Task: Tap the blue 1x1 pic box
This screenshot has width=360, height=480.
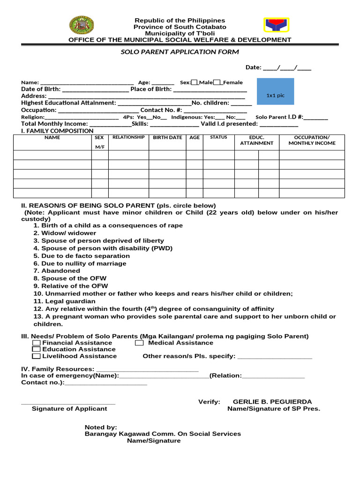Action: pyautogui.click(x=275, y=95)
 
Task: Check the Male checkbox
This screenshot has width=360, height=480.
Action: pyautogui.click(x=195, y=82)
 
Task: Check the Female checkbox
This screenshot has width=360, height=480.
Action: pyautogui.click(x=217, y=82)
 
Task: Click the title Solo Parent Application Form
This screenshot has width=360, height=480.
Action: pyautogui.click(x=180, y=52)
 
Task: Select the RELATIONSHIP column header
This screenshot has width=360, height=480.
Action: pyautogui.click(x=128, y=138)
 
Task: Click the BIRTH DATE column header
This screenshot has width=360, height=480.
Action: pyautogui.click(x=167, y=138)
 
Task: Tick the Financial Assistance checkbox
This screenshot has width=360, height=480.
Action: pyautogui.click(x=36, y=343)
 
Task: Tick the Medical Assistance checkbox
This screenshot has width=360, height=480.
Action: pyautogui.click(x=139, y=343)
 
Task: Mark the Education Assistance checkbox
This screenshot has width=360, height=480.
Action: pyautogui.click(x=36, y=349)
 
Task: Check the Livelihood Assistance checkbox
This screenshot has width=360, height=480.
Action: pyautogui.click(x=36, y=356)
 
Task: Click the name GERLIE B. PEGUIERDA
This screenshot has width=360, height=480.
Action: pyautogui.click(x=272, y=402)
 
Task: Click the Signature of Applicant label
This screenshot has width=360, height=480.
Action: pyautogui.click(x=69, y=409)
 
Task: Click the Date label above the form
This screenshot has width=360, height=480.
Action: pyautogui.click(x=253, y=67)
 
